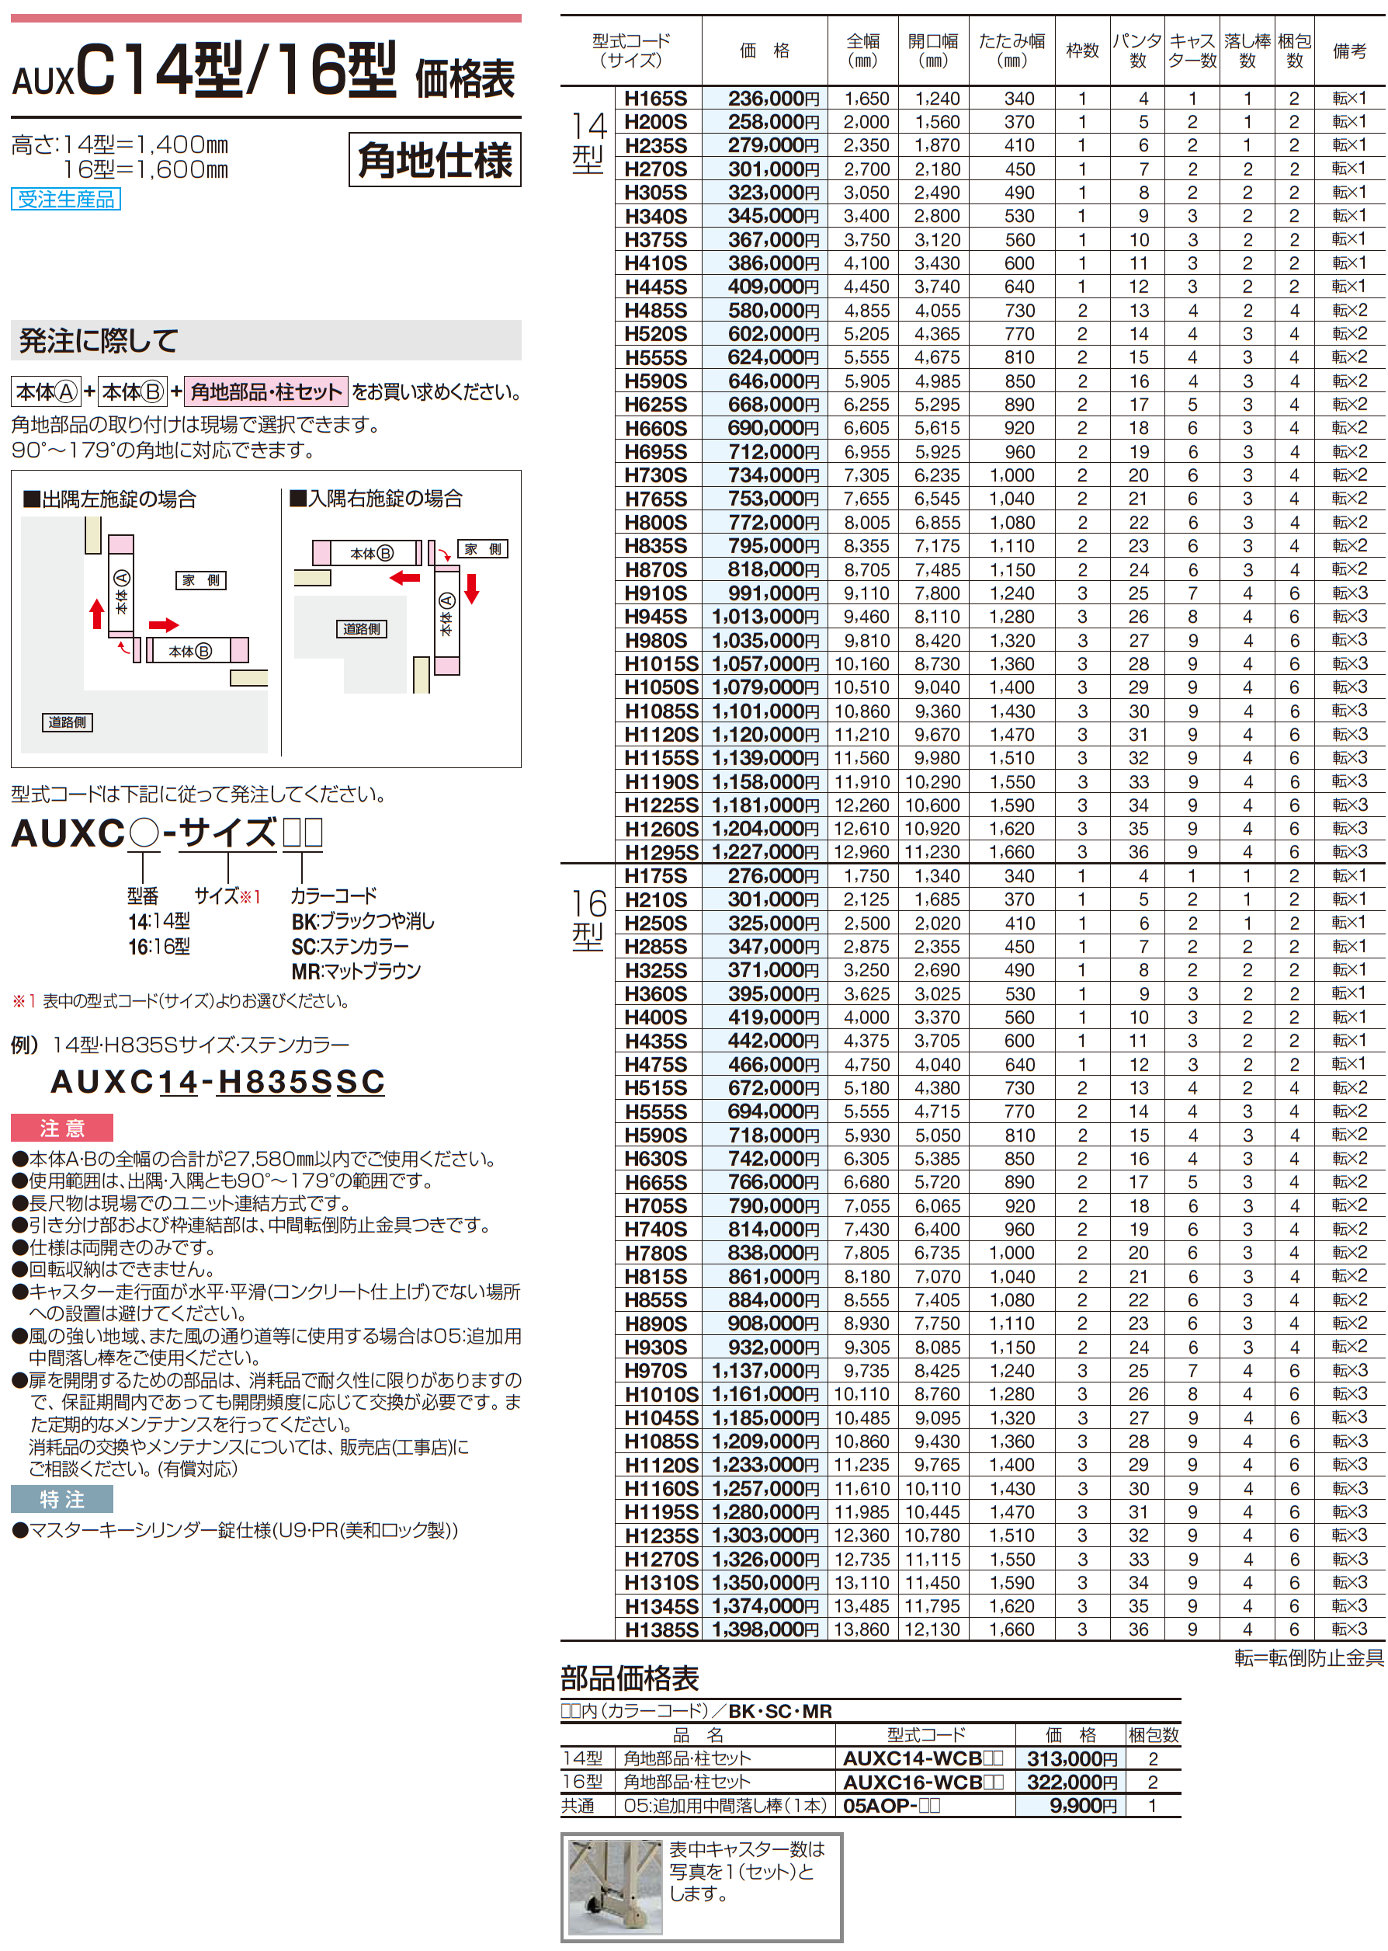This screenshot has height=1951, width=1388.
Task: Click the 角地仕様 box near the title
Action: (434, 160)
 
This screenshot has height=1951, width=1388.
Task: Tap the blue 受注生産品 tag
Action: (66, 199)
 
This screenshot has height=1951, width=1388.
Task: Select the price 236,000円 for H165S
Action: (772, 99)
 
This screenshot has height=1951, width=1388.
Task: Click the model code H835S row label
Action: (654, 546)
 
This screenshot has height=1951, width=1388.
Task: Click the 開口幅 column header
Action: (932, 50)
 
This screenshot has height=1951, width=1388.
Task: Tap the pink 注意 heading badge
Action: (61, 1128)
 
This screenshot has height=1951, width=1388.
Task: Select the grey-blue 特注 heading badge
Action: (61, 1499)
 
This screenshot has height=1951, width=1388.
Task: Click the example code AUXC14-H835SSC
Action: (218, 1081)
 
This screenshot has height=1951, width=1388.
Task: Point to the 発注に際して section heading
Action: (99, 341)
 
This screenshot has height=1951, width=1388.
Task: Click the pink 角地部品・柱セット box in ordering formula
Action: (265, 391)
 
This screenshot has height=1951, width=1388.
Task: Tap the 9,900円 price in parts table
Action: (1083, 1806)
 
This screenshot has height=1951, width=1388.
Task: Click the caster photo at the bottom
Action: (616, 1887)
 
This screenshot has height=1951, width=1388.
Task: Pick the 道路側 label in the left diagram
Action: (68, 722)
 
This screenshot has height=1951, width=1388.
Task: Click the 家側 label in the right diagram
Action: (483, 549)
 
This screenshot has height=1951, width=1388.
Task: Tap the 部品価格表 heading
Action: (630, 1678)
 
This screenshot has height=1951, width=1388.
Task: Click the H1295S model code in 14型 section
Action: (661, 852)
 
